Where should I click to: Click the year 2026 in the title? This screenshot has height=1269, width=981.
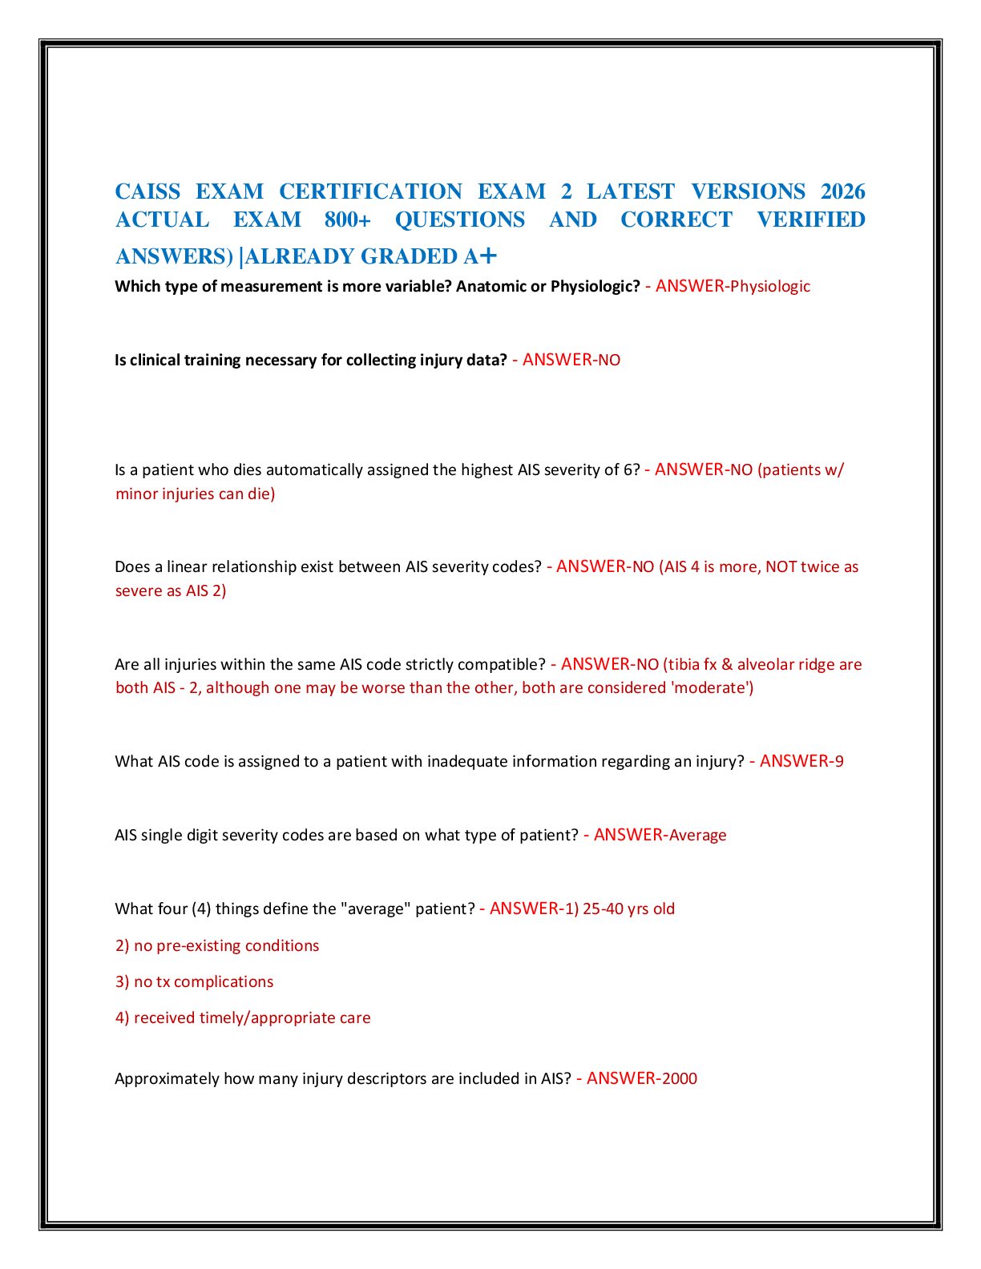pos(842,191)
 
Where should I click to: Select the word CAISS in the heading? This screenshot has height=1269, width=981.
pos(147,191)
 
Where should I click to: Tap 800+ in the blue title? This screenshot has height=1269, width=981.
pos(348,220)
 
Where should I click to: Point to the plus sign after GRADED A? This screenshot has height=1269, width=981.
pos(488,256)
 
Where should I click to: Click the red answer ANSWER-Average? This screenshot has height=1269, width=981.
pos(660,835)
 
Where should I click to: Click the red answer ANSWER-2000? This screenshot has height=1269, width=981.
pos(642,1078)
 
